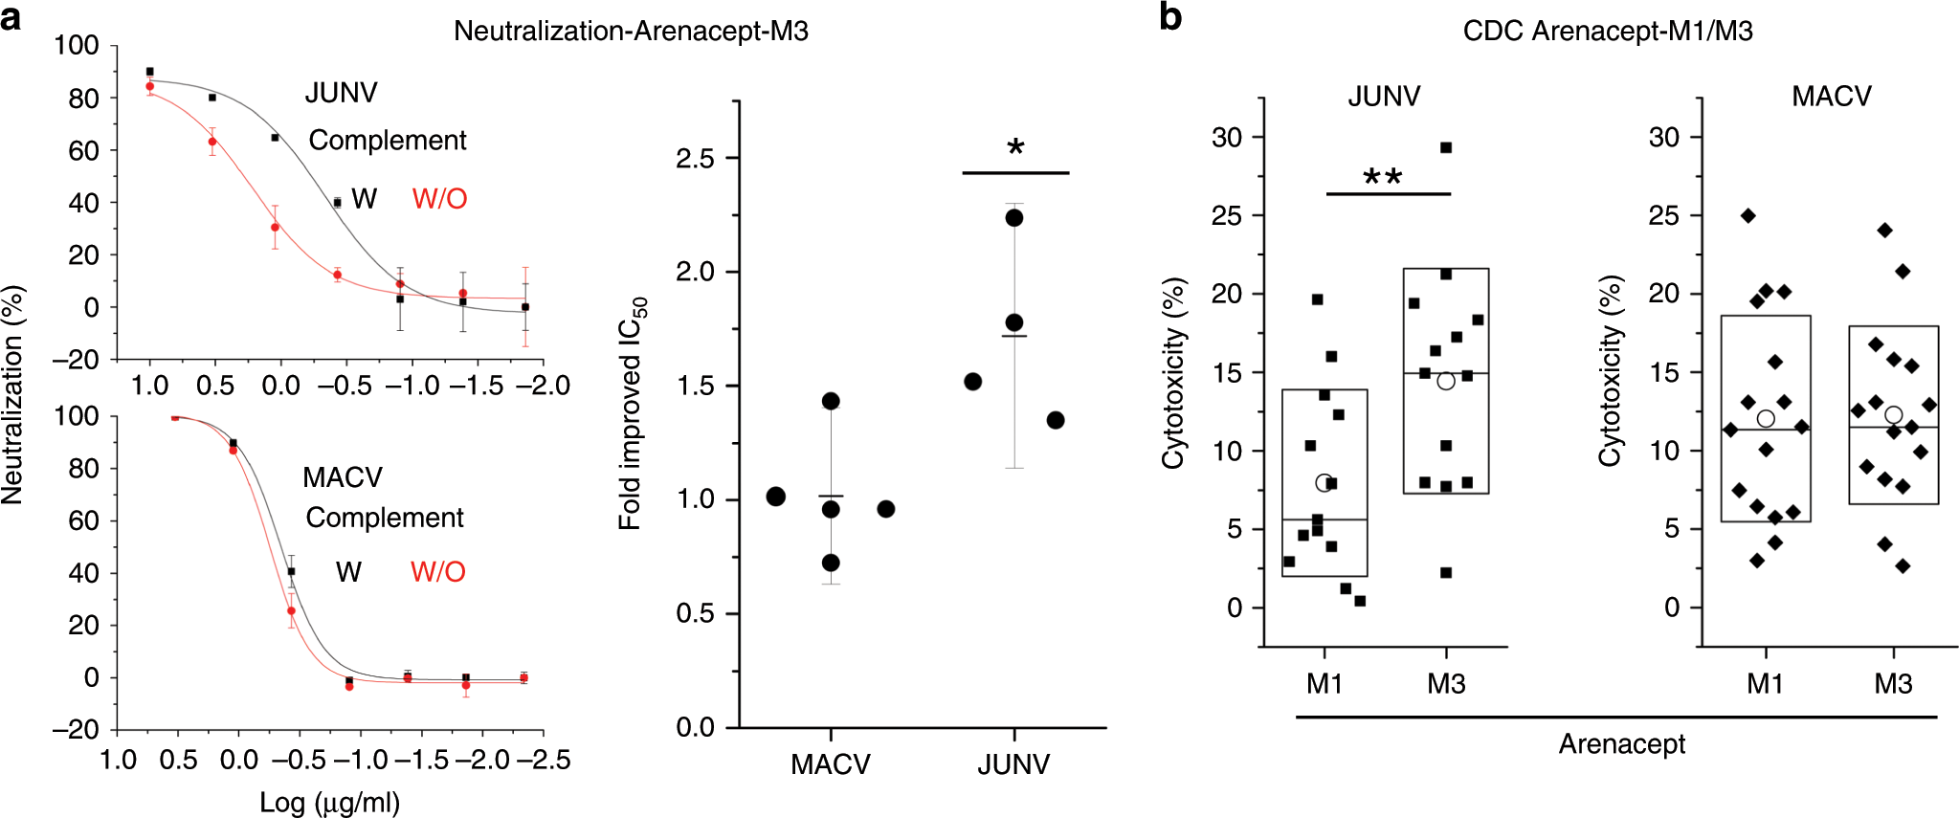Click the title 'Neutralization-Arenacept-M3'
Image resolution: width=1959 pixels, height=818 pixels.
click(631, 32)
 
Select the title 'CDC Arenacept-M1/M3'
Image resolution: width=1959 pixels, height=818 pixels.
click(1607, 32)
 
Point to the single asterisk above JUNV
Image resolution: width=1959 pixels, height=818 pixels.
click(1015, 148)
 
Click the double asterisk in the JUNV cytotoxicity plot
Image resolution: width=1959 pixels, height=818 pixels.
click(1383, 178)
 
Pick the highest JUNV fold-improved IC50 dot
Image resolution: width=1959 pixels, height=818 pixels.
click(1014, 218)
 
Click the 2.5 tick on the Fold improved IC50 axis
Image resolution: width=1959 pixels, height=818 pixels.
click(695, 159)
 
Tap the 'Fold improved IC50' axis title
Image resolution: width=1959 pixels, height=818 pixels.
click(632, 414)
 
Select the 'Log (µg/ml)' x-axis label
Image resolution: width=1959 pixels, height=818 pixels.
click(330, 803)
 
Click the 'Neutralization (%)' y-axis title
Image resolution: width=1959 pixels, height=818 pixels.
click(12, 394)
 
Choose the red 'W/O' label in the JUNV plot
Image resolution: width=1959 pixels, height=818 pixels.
click(439, 199)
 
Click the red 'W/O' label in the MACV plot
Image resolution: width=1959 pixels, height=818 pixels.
click(437, 572)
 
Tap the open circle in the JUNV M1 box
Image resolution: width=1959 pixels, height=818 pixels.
click(1324, 483)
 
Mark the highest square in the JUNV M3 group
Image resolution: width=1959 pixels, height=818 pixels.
click(1446, 147)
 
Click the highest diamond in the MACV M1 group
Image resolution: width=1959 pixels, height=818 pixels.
click(1748, 216)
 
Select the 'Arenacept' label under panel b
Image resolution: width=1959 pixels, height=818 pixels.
click(1621, 744)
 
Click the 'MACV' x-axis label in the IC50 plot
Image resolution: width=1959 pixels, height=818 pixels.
click(830, 764)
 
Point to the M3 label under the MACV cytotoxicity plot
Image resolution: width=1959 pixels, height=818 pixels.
click(1892, 684)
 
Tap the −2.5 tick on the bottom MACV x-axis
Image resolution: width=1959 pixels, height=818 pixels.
click(543, 761)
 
